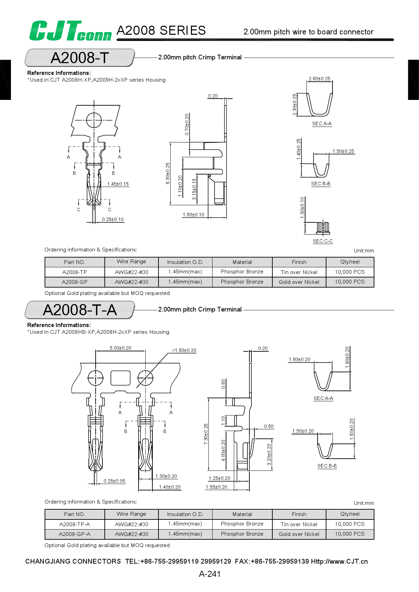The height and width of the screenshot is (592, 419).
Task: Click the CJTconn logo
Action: (70, 31)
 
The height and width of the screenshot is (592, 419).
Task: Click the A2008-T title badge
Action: (80, 58)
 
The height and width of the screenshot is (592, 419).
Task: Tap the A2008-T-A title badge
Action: (80, 310)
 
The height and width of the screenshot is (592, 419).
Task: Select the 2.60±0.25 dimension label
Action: (319, 79)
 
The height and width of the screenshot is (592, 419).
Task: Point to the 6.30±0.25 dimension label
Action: (168, 173)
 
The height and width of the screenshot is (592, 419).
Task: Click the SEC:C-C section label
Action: (323, 241)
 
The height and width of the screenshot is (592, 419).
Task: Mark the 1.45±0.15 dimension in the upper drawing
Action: (118, 184)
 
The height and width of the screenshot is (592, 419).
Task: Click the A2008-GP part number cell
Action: (75, 282)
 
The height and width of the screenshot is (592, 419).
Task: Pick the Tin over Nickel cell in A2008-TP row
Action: (299, 272)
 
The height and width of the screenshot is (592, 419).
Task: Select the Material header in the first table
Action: (242, 262)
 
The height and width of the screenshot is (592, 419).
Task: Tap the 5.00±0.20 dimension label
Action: (120, 348)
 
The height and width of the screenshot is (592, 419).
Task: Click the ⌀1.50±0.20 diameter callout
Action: (184, 350)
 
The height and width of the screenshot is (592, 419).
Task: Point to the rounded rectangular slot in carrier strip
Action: (121, 378)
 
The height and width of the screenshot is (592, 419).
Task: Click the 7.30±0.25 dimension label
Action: (206, 434)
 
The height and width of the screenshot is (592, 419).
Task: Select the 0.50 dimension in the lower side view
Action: (269, 426)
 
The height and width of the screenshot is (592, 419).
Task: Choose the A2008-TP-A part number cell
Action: (75, 524)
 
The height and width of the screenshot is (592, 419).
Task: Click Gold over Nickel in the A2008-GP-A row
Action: (299, 534)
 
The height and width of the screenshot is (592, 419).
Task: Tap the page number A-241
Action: (209, 574)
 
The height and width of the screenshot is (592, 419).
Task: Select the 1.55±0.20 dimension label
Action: (216, 487)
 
